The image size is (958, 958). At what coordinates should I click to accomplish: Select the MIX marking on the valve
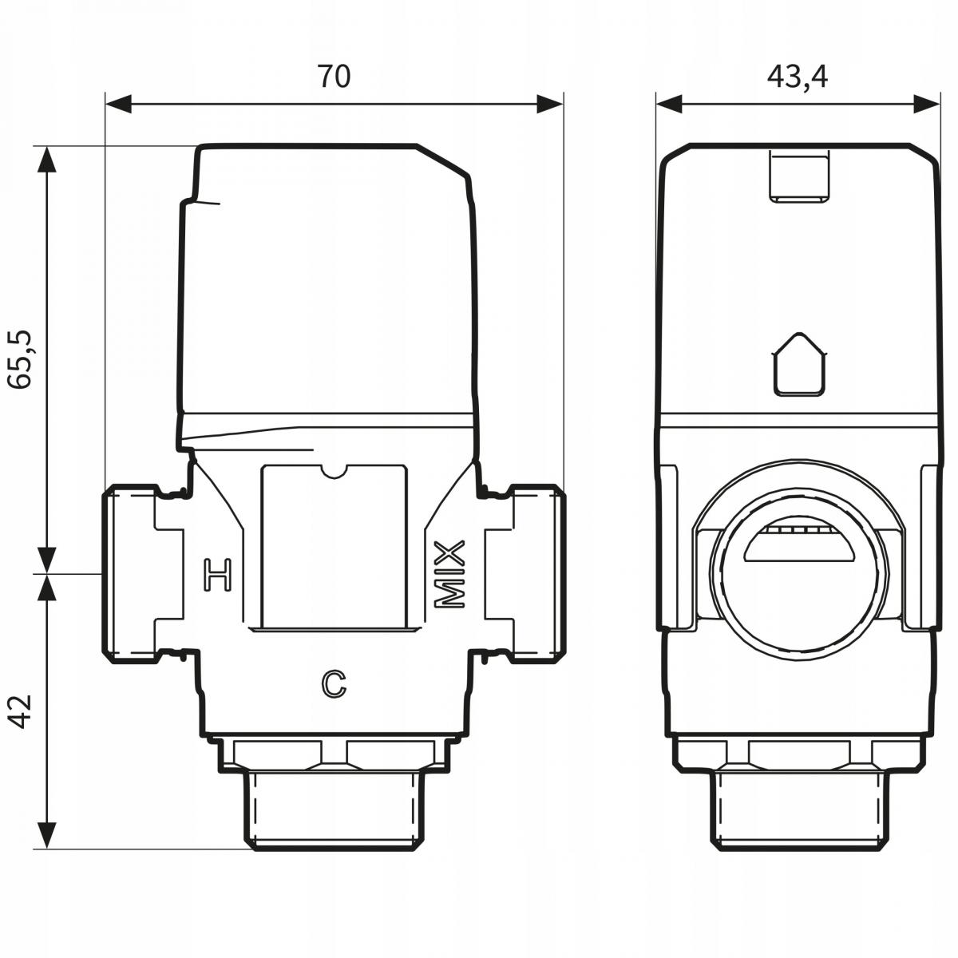[x=449, y=575]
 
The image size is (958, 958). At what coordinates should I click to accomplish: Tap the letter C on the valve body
[x=333, y=682]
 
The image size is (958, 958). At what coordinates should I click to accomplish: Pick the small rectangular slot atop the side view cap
[x=799, y=176]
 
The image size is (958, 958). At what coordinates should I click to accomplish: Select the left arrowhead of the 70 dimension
[x=118, y=104]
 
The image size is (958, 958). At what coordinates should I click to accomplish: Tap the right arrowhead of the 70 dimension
[x=550, y=104]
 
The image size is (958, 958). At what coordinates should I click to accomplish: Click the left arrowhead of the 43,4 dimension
[x=670, y=104]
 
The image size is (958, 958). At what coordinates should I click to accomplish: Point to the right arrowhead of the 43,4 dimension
[x=926, y=104]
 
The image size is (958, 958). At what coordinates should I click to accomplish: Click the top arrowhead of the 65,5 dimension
[x=48, y=159]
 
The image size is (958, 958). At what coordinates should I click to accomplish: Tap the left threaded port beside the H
[x=132, y=573]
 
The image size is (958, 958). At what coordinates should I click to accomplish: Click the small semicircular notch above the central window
[x=335, y=471]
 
